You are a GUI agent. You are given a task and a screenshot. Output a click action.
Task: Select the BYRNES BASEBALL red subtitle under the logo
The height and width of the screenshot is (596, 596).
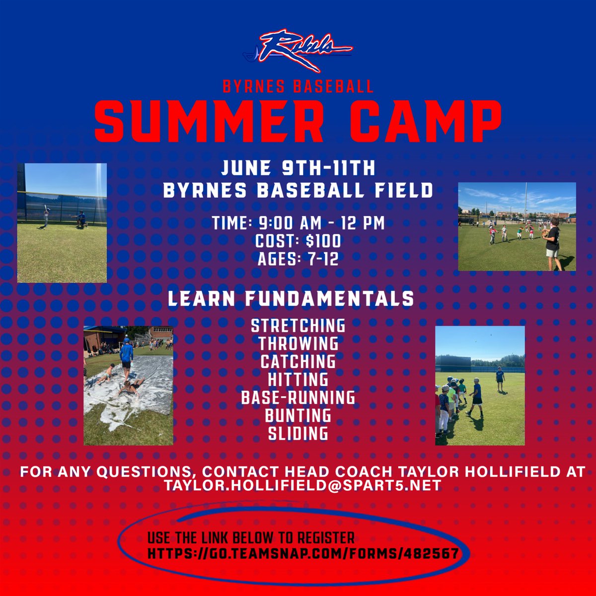click(x=298, y=87)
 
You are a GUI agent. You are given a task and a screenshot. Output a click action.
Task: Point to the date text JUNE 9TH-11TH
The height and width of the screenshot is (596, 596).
click(x=298, y=168)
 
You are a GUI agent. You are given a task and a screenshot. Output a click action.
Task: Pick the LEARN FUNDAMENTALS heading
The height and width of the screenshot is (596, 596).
click(x=291, y=298)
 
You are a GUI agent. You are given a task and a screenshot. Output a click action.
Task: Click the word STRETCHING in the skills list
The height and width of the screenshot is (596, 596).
click(x=298, y=326)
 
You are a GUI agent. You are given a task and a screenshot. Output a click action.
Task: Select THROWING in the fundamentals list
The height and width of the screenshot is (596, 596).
click(x=298, y=343)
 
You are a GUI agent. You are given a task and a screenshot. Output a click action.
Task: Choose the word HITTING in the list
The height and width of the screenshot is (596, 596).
click(x=298, y=379)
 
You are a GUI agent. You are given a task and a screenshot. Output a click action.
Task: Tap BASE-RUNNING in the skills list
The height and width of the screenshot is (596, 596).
click(x=298, y=397)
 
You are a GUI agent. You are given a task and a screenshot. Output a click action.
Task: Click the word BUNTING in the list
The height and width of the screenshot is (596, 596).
click(x=298, y=415)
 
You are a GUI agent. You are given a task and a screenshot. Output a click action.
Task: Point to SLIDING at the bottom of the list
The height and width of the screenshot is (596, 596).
click(x=298, y=433)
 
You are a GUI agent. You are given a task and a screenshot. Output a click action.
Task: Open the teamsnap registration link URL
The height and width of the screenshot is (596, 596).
click(x=302, y=553)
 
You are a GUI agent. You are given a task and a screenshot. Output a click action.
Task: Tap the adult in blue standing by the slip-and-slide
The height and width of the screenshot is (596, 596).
click(x=127, y=355)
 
